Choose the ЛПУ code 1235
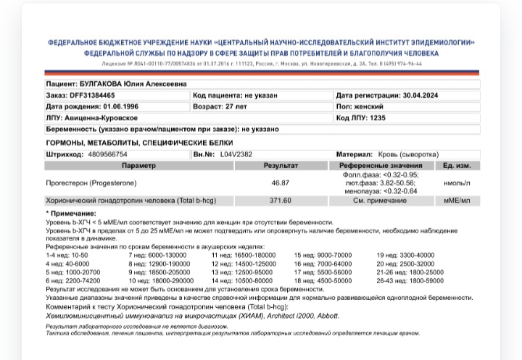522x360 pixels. coord(378,117)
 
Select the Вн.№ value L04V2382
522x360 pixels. coord(236,154)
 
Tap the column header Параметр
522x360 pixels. coord(138,166)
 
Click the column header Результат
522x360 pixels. coord(280,166)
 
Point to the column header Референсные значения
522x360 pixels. coord(379,166)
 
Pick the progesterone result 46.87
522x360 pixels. coord(280,183)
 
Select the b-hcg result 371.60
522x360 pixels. coord(280,201)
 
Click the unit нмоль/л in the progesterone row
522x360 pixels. coord(457,183)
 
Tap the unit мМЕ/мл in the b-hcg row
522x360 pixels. coord(457,201)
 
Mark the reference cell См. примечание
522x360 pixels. coord(379,201)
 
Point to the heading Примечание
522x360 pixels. coord(72,214)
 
